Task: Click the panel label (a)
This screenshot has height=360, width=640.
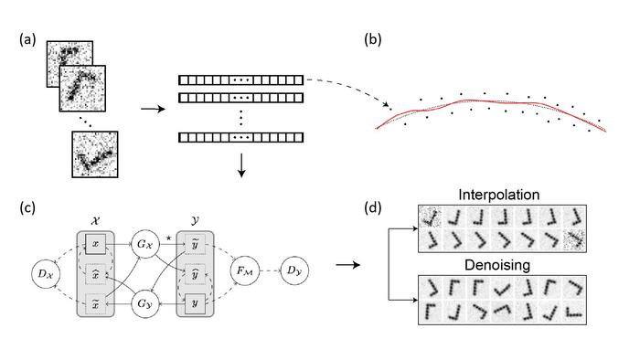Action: coord(27,41)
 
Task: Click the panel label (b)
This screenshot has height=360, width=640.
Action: coord(374,41)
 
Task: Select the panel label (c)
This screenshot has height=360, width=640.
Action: coord(27,207)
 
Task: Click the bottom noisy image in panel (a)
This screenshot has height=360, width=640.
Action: coord(95,154)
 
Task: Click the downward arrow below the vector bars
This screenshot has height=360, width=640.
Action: coord(241,164)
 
